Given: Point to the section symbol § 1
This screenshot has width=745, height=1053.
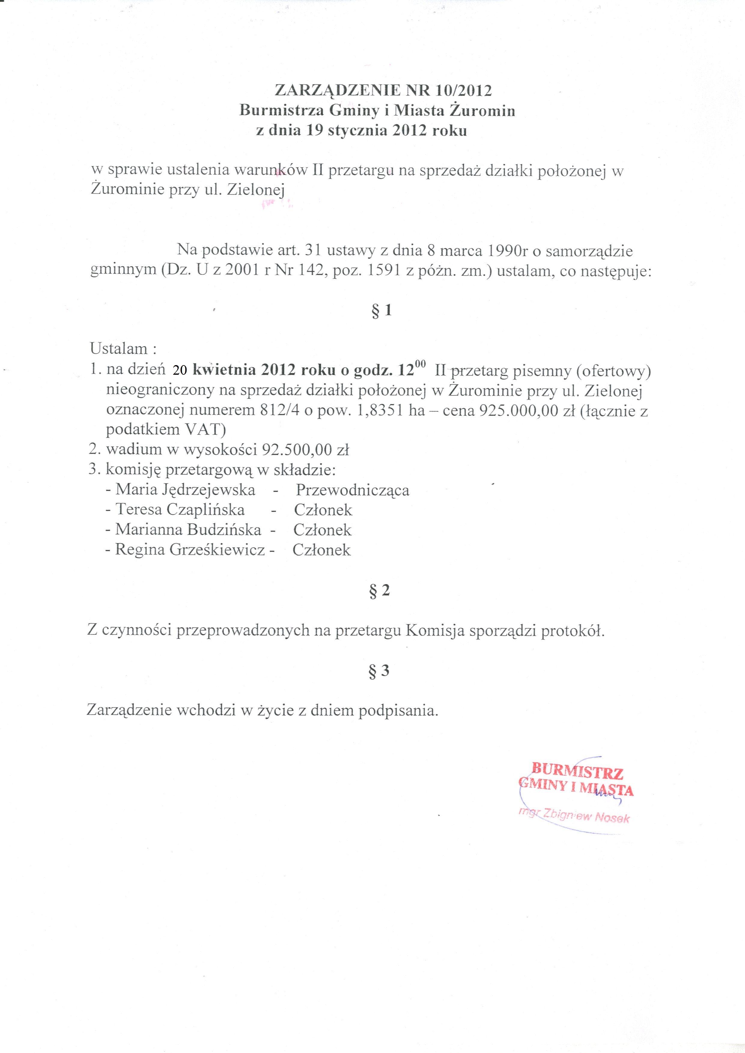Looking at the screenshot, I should click(381, 311).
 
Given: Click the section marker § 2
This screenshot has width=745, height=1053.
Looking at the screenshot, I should click(379, 590).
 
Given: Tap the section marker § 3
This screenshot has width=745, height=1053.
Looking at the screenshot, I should click(379, 671).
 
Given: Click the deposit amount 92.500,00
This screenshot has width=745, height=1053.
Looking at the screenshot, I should click(297, 449).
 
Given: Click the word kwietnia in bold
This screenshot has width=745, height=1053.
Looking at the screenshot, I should click(225, 370).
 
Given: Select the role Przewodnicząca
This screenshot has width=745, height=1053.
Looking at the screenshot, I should click(352, 490).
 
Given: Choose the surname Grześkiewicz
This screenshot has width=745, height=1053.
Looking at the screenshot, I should click(217, 549).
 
